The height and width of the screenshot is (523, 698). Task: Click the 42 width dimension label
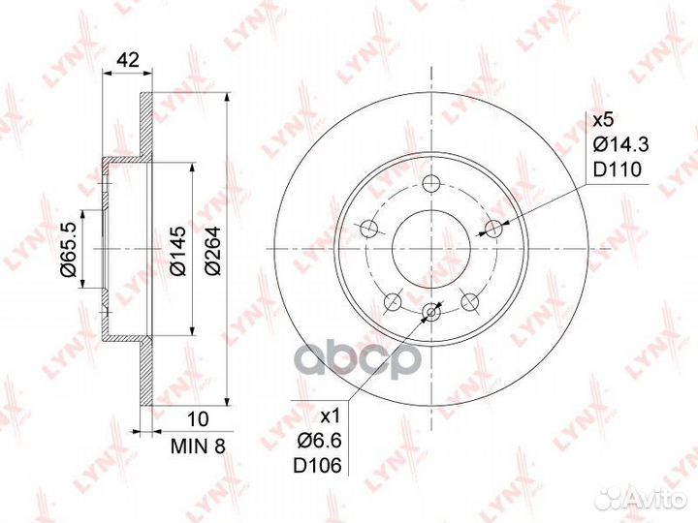point(127,59)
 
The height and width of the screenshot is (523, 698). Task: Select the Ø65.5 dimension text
point(70,250)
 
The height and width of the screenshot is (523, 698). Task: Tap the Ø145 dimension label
point(177,251)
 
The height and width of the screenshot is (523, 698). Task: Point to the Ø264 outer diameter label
point(212,251)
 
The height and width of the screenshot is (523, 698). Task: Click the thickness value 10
point(198,419)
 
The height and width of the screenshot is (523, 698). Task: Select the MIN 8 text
point(199,446)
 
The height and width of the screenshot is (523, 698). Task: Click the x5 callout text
point(604,120)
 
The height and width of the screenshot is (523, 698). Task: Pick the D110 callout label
point(618,169)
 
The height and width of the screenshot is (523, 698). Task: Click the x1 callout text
point(331,416)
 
